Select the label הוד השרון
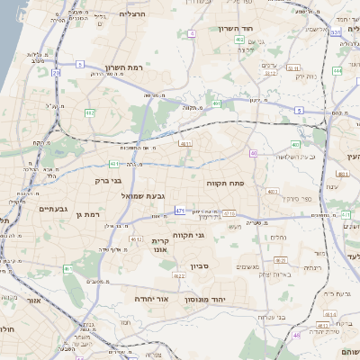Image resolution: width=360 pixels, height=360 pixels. (x=261, y=29)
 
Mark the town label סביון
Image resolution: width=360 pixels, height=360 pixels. (x=199, y=267)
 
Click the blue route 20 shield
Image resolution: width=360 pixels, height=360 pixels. (x=57, y=72)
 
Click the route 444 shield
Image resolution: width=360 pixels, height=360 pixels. (x=337, y=69)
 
